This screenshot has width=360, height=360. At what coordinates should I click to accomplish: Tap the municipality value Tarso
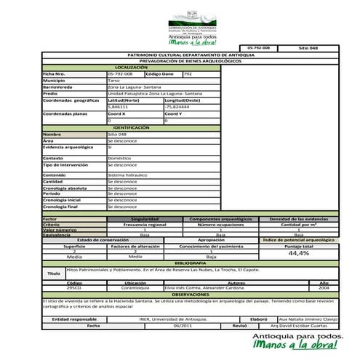coord(114,80)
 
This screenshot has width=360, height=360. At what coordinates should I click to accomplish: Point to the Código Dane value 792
coord(188,73)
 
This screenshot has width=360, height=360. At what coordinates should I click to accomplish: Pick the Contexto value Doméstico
coord(119,157)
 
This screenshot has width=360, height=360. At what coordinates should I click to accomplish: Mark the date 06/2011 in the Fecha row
coord(182,325)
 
